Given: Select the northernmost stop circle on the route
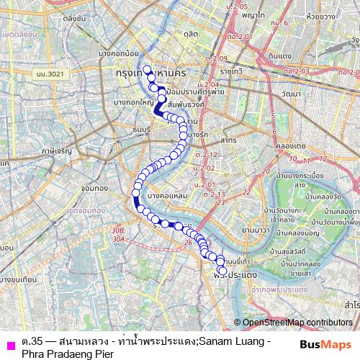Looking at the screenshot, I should pyautogui.click(x=148, y=70).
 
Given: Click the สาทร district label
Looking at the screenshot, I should pyautogui.click(x=229, y=139).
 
